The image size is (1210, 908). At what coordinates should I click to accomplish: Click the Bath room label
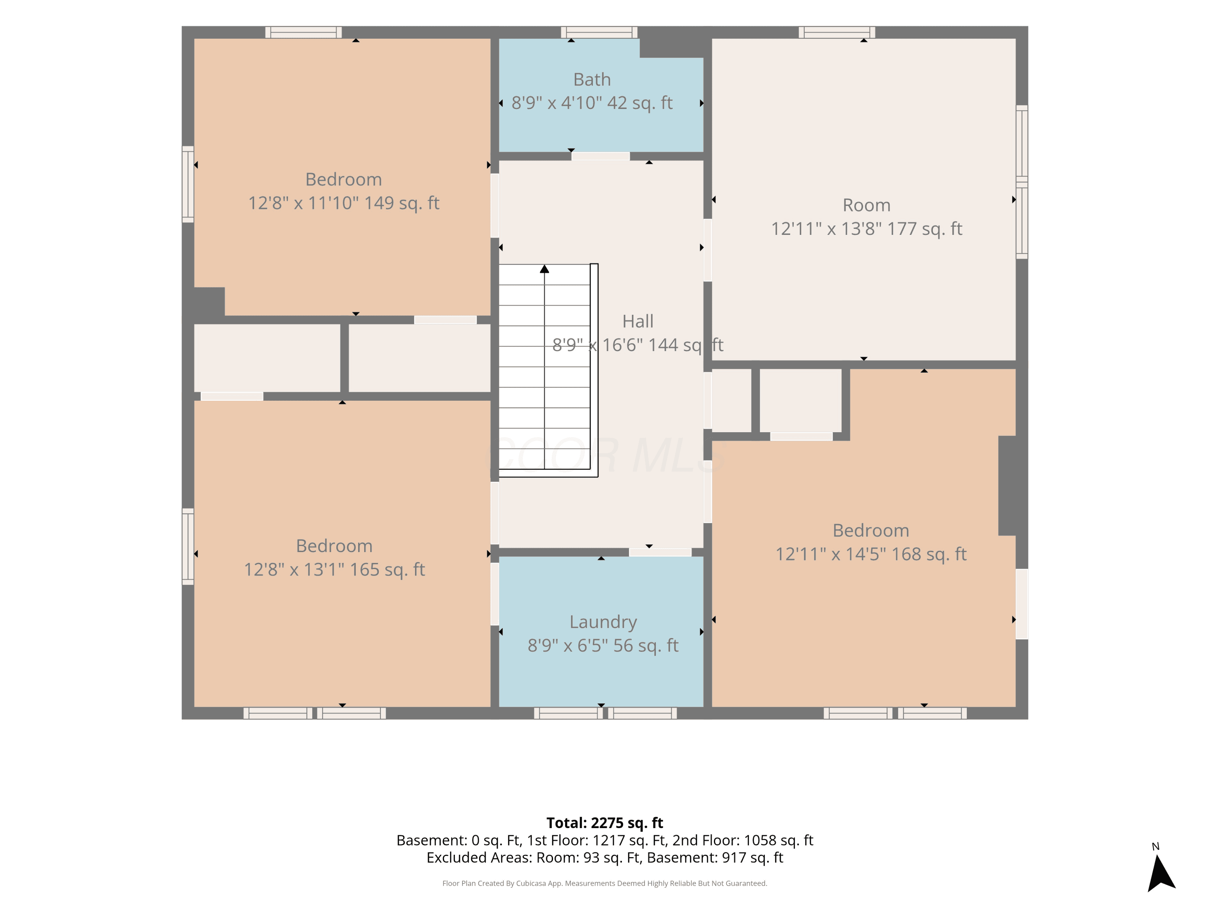pos(592,80)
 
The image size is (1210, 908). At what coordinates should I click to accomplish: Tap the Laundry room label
pos(603,622)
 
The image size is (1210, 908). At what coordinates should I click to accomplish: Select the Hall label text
pos(638,321)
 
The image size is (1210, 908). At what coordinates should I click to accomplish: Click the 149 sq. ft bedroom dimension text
pos(344,203)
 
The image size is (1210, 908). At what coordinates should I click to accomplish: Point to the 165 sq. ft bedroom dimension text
pos(334,570)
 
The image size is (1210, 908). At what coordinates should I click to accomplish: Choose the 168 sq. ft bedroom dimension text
pos(871,554)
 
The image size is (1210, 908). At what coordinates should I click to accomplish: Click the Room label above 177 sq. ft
pos(866,205)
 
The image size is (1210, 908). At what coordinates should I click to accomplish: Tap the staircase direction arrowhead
pos(544,269)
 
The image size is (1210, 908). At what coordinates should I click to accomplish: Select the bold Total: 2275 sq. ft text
pos(605,823)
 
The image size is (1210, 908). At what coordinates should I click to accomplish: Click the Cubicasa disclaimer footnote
pos(605,883)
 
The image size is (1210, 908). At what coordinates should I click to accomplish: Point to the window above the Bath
pos(599,32)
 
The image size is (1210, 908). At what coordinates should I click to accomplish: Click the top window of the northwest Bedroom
pos(304,32)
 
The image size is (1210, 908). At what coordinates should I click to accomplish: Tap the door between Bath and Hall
pos(601,157)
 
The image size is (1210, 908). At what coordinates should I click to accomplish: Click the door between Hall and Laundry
pos(660,552)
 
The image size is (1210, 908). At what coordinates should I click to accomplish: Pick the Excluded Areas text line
pos(605,858)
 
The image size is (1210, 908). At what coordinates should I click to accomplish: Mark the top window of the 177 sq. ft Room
pos(837,32)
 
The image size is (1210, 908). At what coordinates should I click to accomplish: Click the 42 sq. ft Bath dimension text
pos(592,103)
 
